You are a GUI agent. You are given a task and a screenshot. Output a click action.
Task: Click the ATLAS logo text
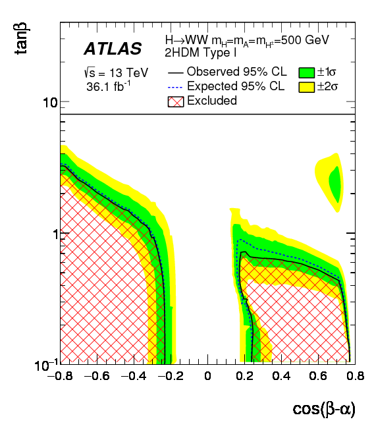[112, 49]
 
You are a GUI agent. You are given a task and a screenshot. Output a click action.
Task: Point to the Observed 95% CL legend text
[236, 72]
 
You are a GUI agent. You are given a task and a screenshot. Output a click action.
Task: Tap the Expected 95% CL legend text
[236, 86]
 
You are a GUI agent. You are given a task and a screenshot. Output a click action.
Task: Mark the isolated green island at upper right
[335, 184]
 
